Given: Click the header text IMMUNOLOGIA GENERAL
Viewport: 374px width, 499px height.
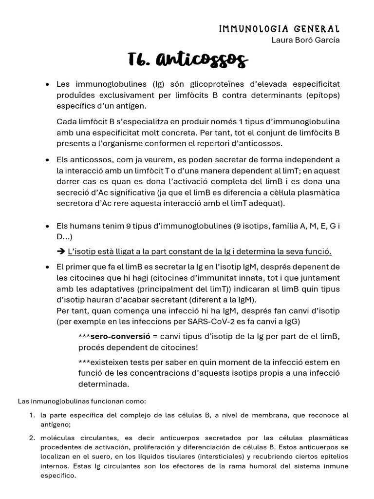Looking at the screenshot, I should coord(279,29).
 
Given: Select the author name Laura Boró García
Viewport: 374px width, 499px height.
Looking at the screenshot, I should coord(305,40).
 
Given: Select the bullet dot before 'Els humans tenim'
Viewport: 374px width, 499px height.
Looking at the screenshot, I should coord(47,227).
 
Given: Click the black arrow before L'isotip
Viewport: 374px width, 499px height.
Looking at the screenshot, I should coord(61,251).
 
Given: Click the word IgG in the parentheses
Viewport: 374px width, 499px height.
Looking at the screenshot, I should coord(290,322).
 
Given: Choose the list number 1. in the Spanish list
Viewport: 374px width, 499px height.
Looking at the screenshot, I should coord(32,415).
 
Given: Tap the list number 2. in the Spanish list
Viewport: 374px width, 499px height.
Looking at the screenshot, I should coord(32,438).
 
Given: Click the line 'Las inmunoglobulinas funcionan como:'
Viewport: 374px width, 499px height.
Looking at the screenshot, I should coord(81,401).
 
